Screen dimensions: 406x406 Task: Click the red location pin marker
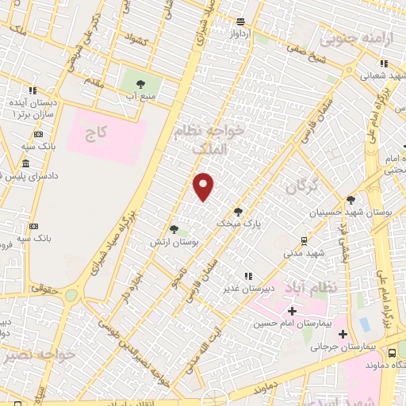click(x=204, y=186)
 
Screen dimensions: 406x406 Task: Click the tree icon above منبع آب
click(x=140, y=82)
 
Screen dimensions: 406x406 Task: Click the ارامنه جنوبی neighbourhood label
click(x=346, y=37)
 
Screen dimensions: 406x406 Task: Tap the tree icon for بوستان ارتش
click(x=174, y=230)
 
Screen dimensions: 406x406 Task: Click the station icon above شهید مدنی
click(x=304, y=239)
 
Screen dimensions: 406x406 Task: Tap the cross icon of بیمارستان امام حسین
click(x=293, y=310)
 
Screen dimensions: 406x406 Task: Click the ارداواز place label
click(x=240, y=35)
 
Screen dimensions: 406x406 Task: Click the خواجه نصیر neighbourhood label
click(x=40, y=355)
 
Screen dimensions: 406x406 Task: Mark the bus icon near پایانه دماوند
click(x=393, y=350)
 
